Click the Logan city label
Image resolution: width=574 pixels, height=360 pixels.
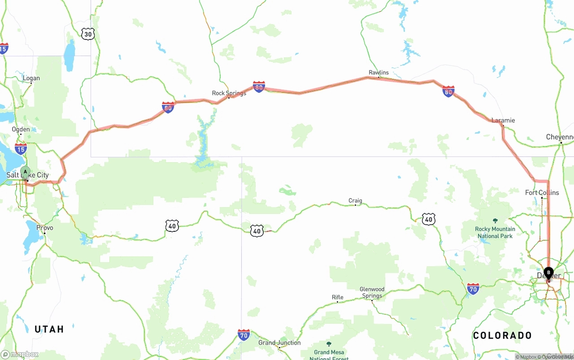pos(31,78)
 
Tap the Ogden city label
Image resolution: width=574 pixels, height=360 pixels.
pos(21,129)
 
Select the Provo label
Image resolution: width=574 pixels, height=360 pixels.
pos(45,228)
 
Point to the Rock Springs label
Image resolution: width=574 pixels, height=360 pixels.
pos(229,93)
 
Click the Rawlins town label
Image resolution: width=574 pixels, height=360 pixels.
pos(378,72)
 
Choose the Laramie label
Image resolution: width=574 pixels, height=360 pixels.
pos(503,120)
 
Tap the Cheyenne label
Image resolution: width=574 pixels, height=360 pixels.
pos(560,137)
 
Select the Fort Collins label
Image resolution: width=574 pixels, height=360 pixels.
pos(542,192)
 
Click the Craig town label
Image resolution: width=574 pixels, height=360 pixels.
pos(355,200)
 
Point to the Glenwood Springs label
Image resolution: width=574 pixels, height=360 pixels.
pos(372,292)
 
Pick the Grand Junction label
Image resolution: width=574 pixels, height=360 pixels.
pos(279,343)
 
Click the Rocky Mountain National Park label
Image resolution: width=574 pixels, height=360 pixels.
pos(495,232)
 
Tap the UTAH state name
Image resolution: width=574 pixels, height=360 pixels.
pos(49,329)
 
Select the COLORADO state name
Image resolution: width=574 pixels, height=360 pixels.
pos(502,335)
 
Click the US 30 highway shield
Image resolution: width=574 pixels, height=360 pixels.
pos(88,34)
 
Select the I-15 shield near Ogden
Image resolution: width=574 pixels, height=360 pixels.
pos(21,149)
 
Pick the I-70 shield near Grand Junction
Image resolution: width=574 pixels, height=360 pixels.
pos(244,334)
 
